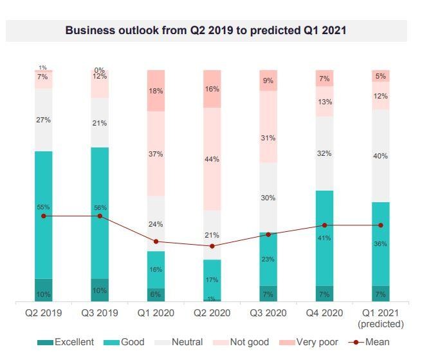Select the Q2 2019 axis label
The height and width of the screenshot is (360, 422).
(43, 313)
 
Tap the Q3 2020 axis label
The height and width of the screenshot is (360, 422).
(268, 313)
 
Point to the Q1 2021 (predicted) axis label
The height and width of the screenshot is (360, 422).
(381, 318)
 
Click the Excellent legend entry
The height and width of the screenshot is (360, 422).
(66, 342)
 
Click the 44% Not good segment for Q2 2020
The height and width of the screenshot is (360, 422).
(212, 159)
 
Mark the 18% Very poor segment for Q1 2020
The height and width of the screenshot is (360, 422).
(156, 91)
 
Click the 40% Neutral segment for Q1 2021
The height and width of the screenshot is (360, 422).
(381, 155)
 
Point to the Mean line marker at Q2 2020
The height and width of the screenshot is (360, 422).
(212, 246)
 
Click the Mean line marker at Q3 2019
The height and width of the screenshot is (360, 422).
(100, 216)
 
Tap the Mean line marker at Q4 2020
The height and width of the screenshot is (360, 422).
(324, 225)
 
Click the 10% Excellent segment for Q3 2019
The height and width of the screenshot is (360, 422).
(100, 290)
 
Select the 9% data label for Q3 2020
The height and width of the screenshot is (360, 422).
(268, 81)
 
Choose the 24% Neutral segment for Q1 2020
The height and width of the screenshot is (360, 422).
(156, 223)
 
